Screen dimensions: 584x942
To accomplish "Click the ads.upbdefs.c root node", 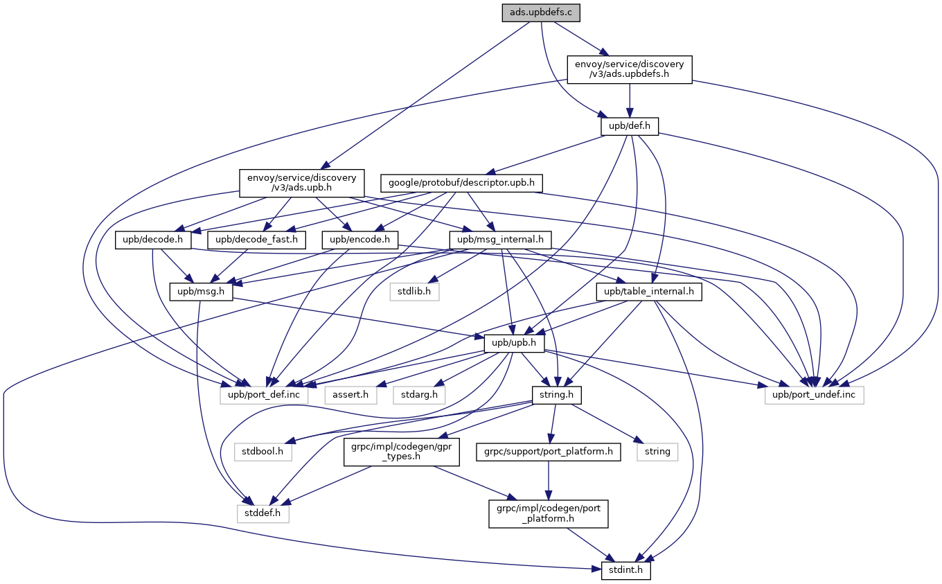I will [541, 12].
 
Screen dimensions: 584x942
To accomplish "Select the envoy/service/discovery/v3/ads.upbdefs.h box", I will [629, 69].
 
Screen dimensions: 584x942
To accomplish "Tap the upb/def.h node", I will [629, 126].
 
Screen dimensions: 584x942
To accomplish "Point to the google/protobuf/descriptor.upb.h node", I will [461, 183].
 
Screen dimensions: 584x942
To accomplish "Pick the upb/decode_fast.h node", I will [256, 240].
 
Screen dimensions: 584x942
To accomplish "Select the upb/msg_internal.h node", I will [500, 240].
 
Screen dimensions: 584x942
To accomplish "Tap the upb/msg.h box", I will [201, 292].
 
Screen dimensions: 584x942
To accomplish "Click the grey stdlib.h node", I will [414, 292].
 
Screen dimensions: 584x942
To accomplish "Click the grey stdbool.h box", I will [263, 452].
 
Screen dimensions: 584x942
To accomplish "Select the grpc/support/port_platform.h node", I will [549, 452].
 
